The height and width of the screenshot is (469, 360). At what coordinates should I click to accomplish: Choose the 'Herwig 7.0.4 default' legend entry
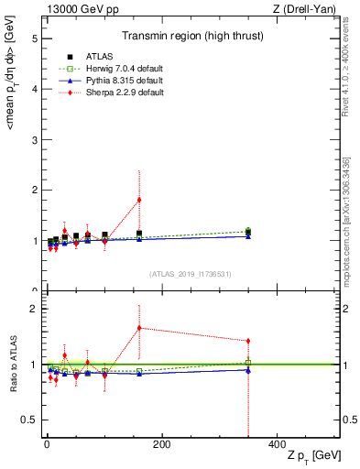(108, 70)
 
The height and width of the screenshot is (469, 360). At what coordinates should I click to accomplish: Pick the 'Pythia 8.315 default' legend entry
(107, 81)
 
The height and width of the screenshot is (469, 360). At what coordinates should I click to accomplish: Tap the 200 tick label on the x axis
(161, 444)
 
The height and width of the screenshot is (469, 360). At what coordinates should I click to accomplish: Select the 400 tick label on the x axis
(277, 444)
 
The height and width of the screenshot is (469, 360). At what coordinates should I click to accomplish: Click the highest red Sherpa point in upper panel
(139, 200)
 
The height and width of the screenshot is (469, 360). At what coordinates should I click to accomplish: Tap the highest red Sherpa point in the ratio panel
(139, 328)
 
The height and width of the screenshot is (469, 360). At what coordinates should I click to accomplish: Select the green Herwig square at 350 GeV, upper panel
(248, 232)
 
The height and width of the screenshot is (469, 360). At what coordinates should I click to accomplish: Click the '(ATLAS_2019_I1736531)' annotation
(191, 274)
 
